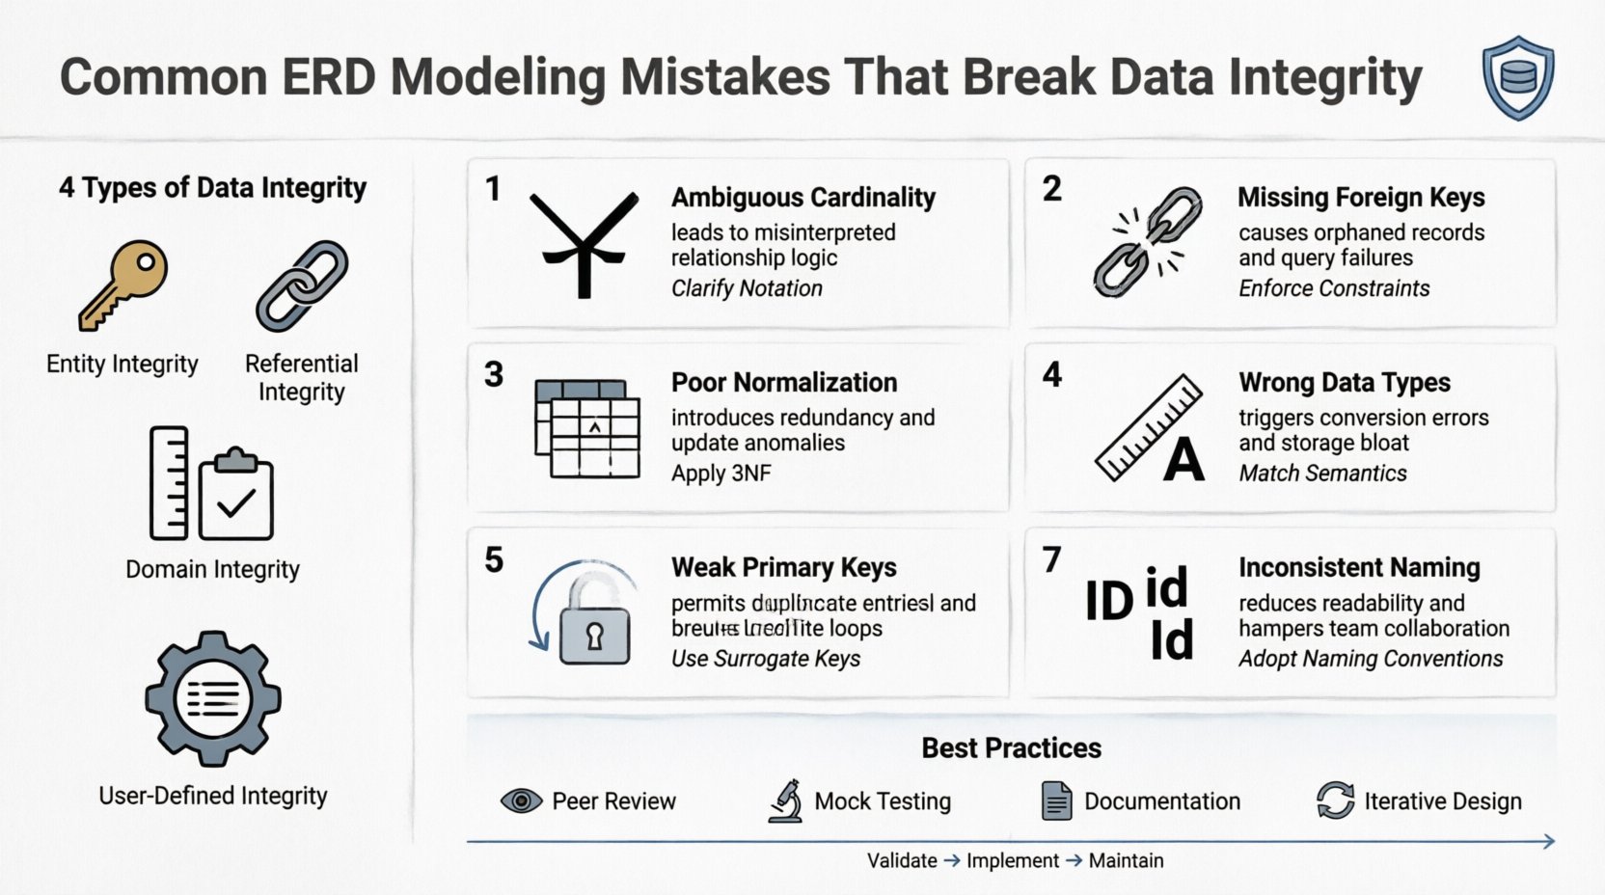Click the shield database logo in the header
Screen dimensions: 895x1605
pos(1518,78)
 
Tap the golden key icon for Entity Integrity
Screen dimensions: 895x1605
pos(123,284)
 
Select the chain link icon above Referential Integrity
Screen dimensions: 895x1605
pos(302,286)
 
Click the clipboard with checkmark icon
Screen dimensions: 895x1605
pos(236,495)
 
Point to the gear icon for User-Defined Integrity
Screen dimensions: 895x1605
pos(213,698)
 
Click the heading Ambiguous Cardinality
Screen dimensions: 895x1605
pos(802,198)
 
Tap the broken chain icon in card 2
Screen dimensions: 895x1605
pos(1148,242)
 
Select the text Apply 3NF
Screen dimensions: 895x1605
pos(721,474)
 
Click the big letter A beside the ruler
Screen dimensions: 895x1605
pos(1183,460)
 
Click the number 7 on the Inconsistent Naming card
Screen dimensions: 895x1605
pos(1051,560)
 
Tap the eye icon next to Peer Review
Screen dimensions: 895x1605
pos(521,801)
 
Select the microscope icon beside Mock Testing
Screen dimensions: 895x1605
pos(786,801)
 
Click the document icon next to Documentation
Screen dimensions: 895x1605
pos(1056,801)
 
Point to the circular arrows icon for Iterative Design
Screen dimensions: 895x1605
pos(1335,801)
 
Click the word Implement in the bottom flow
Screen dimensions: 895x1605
pos(1012,861)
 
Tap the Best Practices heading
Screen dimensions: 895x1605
pos(1011,748)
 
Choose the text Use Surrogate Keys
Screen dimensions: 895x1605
pos(765,659)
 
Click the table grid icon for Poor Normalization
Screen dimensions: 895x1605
pos(587,429)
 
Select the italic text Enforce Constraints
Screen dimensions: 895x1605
pos(1333,288)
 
